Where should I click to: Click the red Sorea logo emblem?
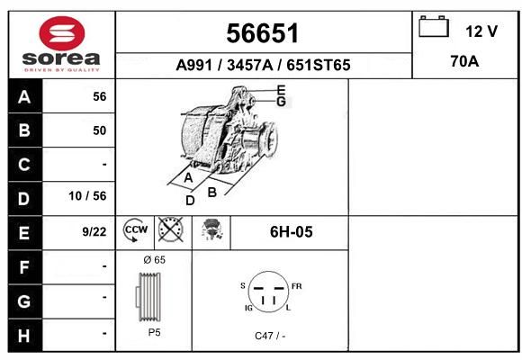pos(62,33)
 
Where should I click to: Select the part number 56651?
pos(262,33)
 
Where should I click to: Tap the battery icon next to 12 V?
pos(434,26)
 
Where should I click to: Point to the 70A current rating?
pos(464,61)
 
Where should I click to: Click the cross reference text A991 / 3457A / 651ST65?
pos(263,65)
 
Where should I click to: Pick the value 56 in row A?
pos(100,96)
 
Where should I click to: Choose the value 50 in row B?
pos(100,130)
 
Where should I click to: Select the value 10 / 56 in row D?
pos(87,196)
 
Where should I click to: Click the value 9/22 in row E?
pos(94,232)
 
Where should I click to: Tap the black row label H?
pos(24,336)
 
